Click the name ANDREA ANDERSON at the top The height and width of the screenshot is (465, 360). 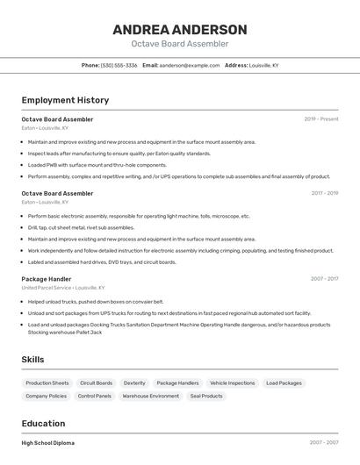pos(180,29)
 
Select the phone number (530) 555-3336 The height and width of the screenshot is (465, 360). pos(119,65)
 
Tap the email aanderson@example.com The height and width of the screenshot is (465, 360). pos(190,65)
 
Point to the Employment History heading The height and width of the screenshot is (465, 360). pos(65,100)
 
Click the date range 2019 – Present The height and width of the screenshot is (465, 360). pos(321,118)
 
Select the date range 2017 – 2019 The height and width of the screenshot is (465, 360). pos(324,193)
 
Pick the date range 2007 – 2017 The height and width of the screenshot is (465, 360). pos(324,279)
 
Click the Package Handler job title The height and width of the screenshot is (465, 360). pos(47,279)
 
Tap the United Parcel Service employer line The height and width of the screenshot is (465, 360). pos(62,288)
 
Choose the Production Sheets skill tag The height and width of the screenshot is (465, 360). pos(47,383)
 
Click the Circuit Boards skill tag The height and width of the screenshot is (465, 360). pos(97,383)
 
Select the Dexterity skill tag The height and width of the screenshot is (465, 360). pos(134,383)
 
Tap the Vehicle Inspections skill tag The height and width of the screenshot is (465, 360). pos(233,383)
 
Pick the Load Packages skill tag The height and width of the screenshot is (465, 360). pos(284,383)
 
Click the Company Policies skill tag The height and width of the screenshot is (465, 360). pos(47,397)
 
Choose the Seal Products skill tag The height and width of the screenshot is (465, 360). pos(206,397)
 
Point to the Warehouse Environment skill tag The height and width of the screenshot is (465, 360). pos(151,397)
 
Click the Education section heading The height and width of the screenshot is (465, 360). pos(43,423)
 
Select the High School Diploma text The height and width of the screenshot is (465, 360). pos(48,443)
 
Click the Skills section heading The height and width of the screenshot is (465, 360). pos(32,360)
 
